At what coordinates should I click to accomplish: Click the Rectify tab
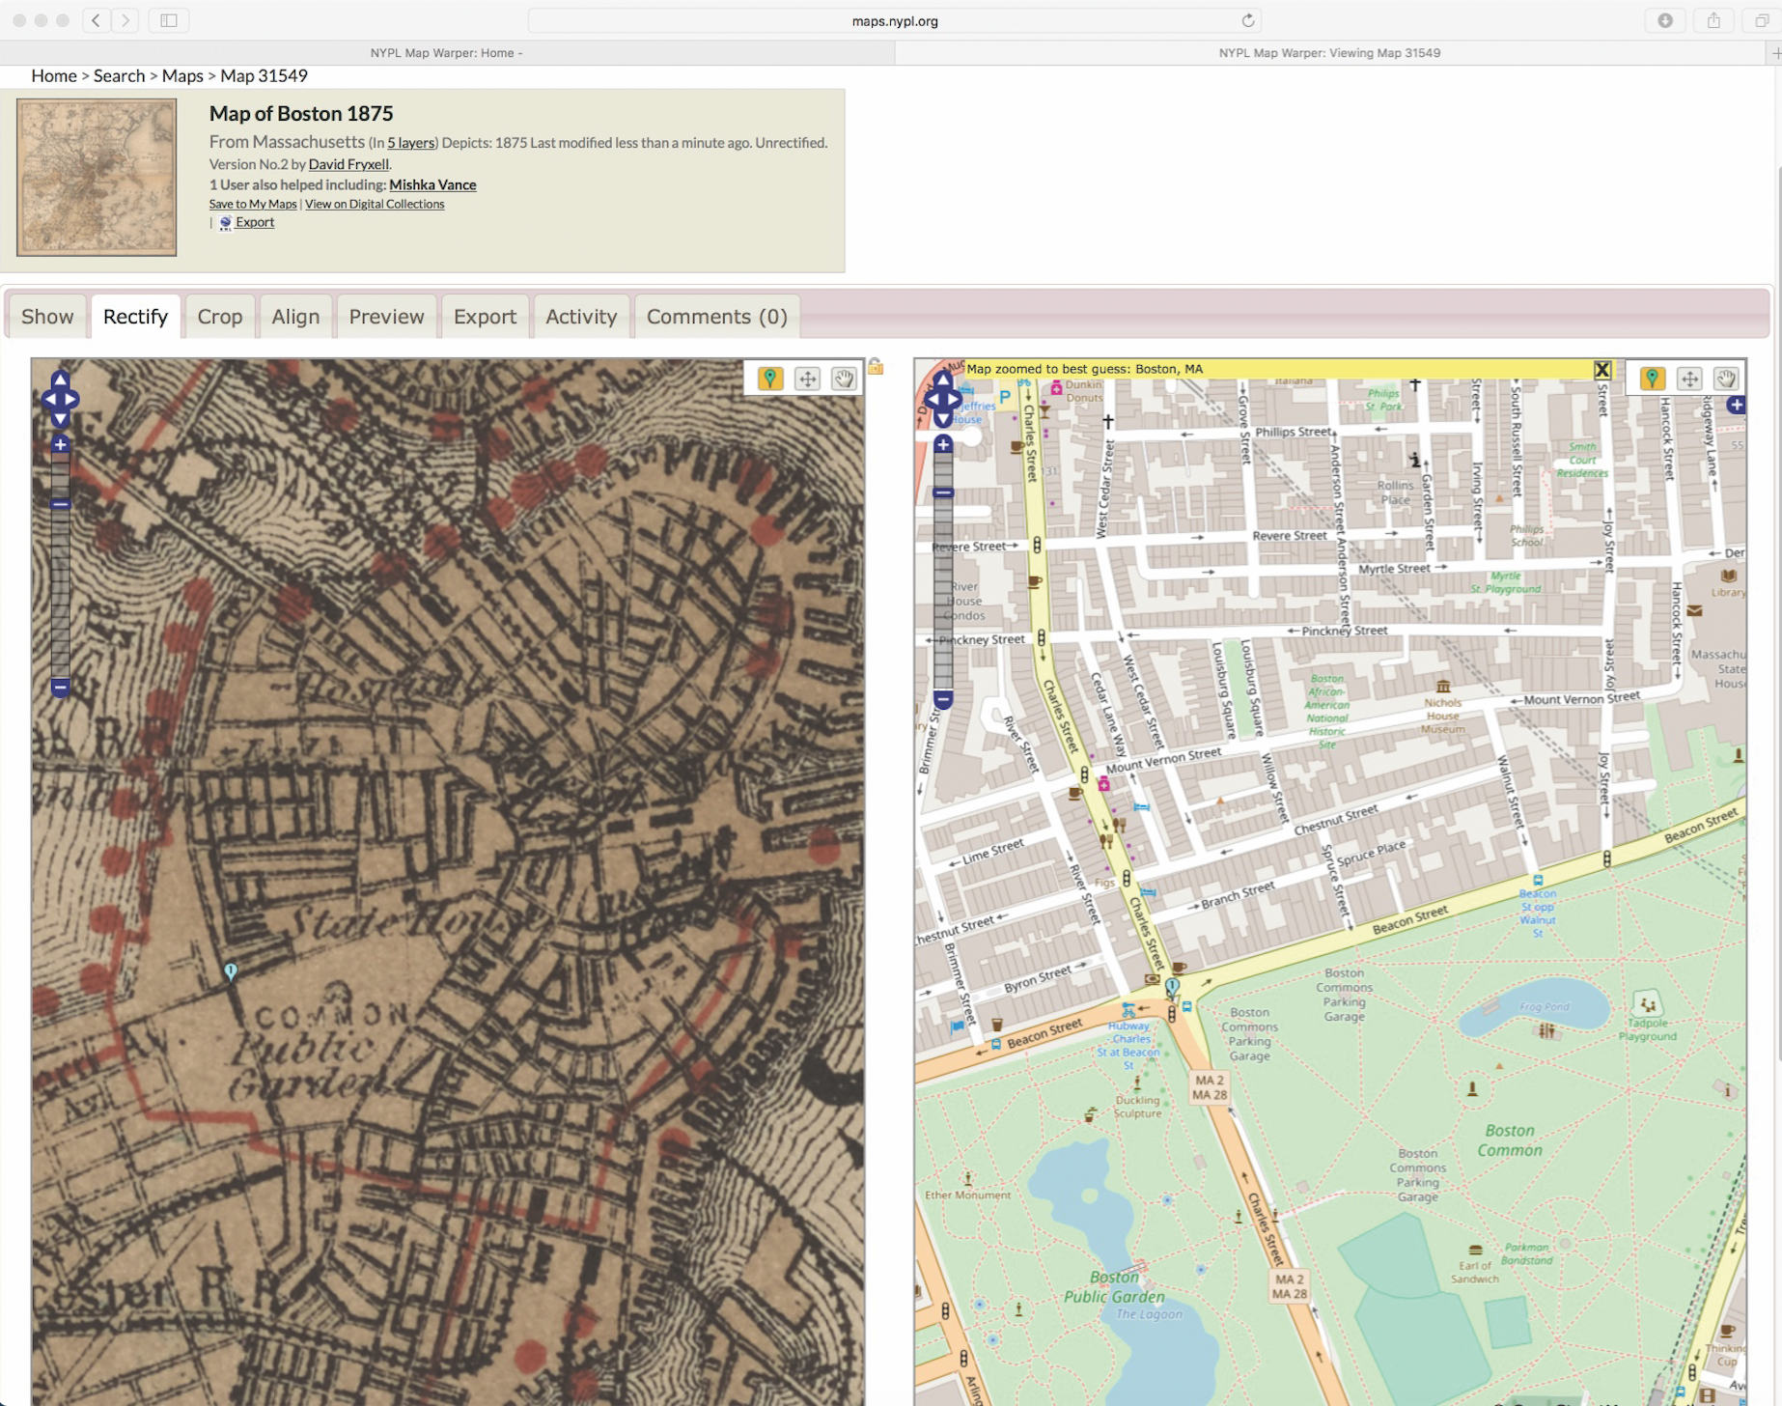tap(135, 317)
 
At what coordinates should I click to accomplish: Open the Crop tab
tap(220, 317)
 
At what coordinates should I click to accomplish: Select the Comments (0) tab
tap(716, 317)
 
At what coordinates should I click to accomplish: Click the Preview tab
tap(386, 317)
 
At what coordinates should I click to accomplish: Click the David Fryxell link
tap(348, 164)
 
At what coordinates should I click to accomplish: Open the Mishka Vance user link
tap(432, 184)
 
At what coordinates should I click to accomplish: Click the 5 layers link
tap(411, 143)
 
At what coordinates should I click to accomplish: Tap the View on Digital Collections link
tap(375, 204)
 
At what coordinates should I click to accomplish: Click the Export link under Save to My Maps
tap(255, 222)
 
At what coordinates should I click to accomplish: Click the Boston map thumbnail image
tap(97, 178)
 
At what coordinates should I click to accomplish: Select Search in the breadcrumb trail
tap(119, 75)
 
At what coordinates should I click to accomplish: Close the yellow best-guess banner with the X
tap(1601, 369)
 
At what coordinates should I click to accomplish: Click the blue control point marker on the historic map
tap(231, 970)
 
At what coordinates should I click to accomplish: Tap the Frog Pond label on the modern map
tap(1544, 1006)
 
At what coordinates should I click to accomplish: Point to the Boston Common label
tap(1509, 1140)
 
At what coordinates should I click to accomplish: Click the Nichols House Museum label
tap(1442, 716)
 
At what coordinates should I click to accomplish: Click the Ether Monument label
tap(967, 1195)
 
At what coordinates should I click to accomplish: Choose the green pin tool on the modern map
tap(1652, 379)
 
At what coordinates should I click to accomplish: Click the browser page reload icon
tap(1248, 20)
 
